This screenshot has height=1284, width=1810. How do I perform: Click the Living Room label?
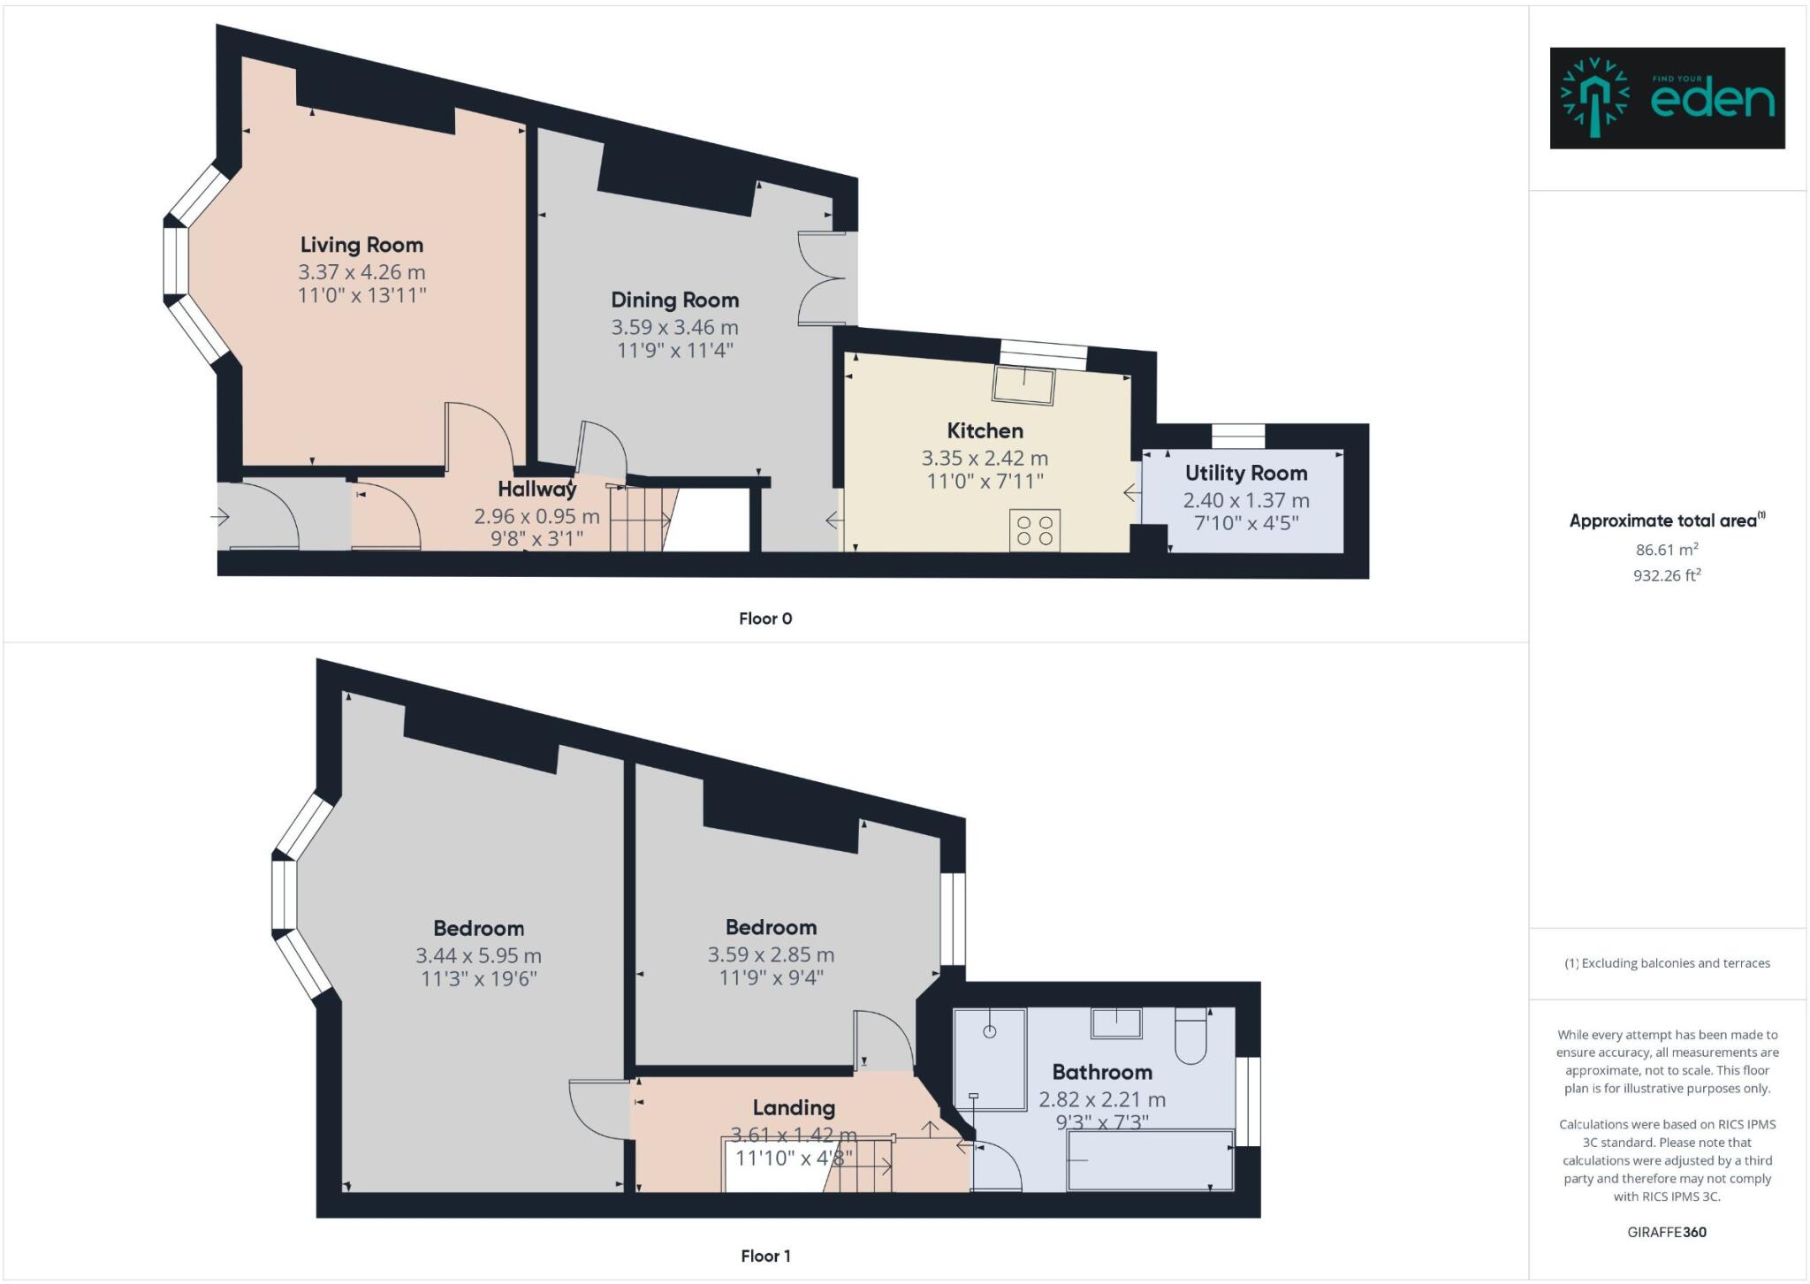361,245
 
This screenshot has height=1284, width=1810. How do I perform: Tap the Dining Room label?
674,300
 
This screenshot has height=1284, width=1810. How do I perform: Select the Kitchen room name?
985,431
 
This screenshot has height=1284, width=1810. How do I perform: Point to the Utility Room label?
1245,474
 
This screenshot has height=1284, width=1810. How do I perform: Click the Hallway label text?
536,489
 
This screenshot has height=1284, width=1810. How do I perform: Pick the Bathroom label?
1101,1073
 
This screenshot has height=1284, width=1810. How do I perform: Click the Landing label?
793,1108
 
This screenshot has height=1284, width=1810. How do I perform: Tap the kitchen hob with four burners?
1035,530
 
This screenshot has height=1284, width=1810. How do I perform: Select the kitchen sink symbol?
1023,385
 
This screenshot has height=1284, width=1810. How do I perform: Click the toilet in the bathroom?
1190,1037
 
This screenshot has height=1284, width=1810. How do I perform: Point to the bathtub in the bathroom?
1150,1160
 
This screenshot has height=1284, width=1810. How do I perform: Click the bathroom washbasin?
1116,1023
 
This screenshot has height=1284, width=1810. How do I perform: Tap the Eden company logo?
1667,98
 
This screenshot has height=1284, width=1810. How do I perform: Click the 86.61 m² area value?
1666,550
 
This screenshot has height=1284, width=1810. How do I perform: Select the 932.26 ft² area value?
1666,576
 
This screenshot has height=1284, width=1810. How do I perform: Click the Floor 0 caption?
765,619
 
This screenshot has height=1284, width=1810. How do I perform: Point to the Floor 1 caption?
765,1256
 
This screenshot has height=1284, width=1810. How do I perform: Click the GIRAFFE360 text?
1666,1232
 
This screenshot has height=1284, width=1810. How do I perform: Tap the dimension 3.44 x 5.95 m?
478,956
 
